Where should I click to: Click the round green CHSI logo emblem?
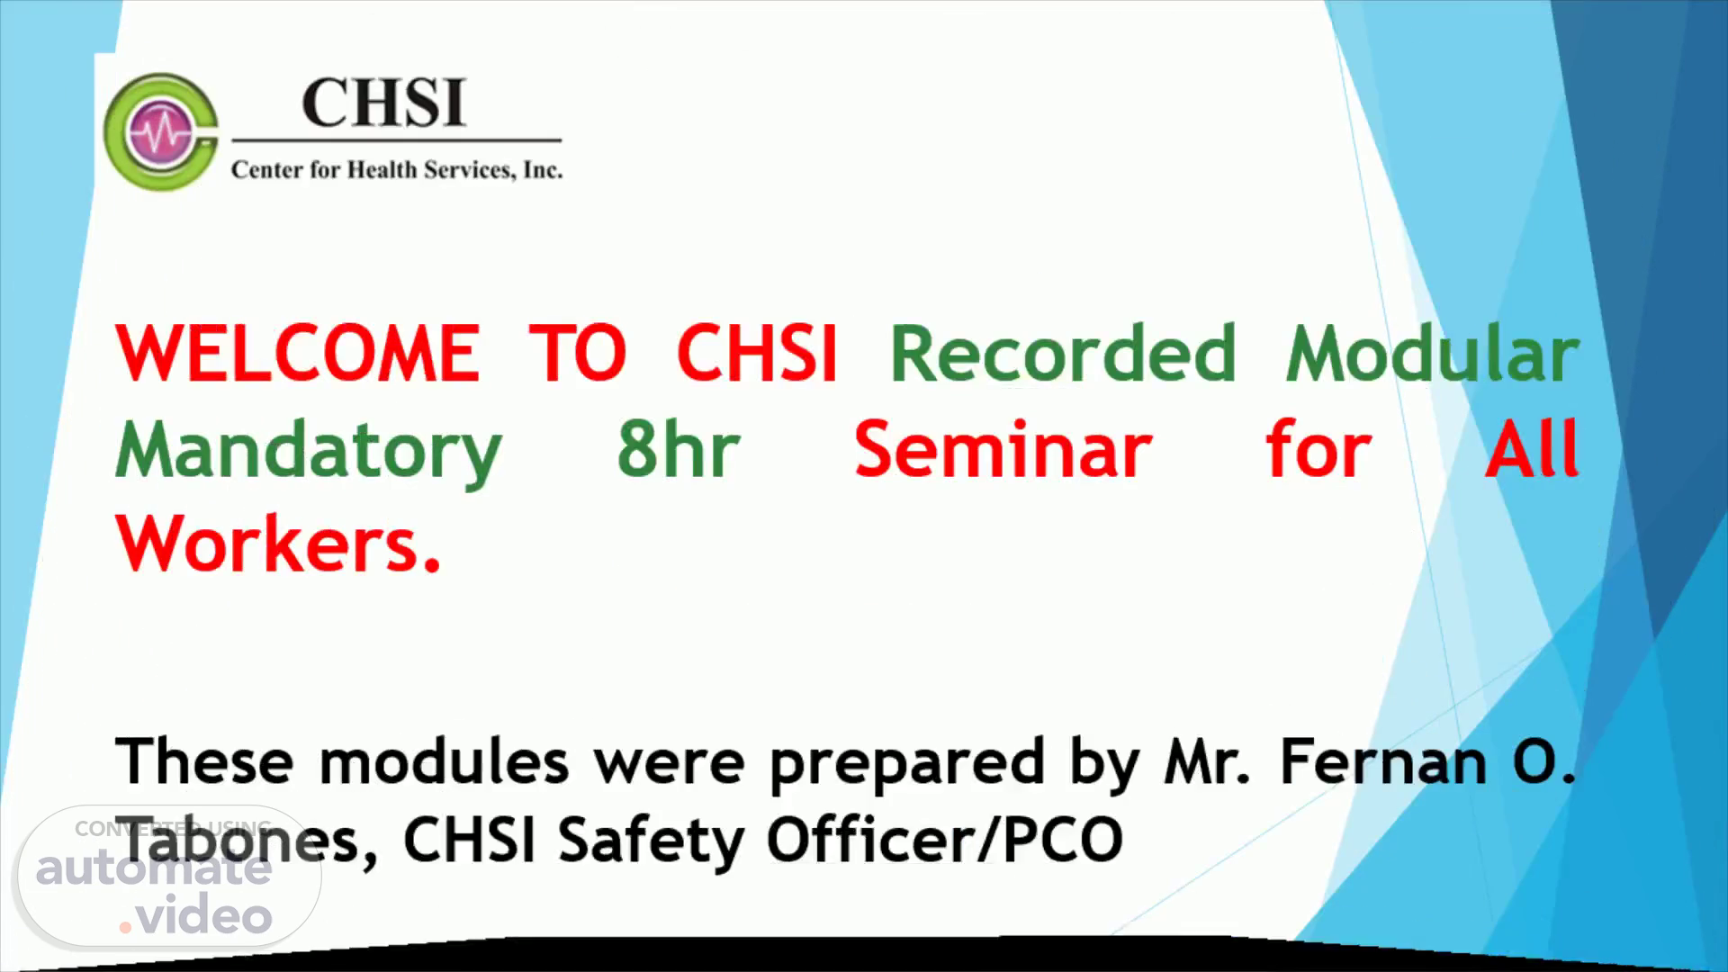point(161,131)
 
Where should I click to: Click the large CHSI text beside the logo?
point(384,103)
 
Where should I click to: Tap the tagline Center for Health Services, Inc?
point(397,169)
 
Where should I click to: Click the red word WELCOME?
point(298,353)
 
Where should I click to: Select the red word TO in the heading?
point(577,353)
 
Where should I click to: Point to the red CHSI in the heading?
point(757,353)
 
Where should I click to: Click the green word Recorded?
point(1063,353)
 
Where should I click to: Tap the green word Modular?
point(1433,353)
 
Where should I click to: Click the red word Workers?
point(278,544)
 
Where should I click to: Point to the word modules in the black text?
point(444,761)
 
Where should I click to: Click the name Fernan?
point(1382,761)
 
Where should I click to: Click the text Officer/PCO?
point(945,839)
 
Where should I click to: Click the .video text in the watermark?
point(196,914)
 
